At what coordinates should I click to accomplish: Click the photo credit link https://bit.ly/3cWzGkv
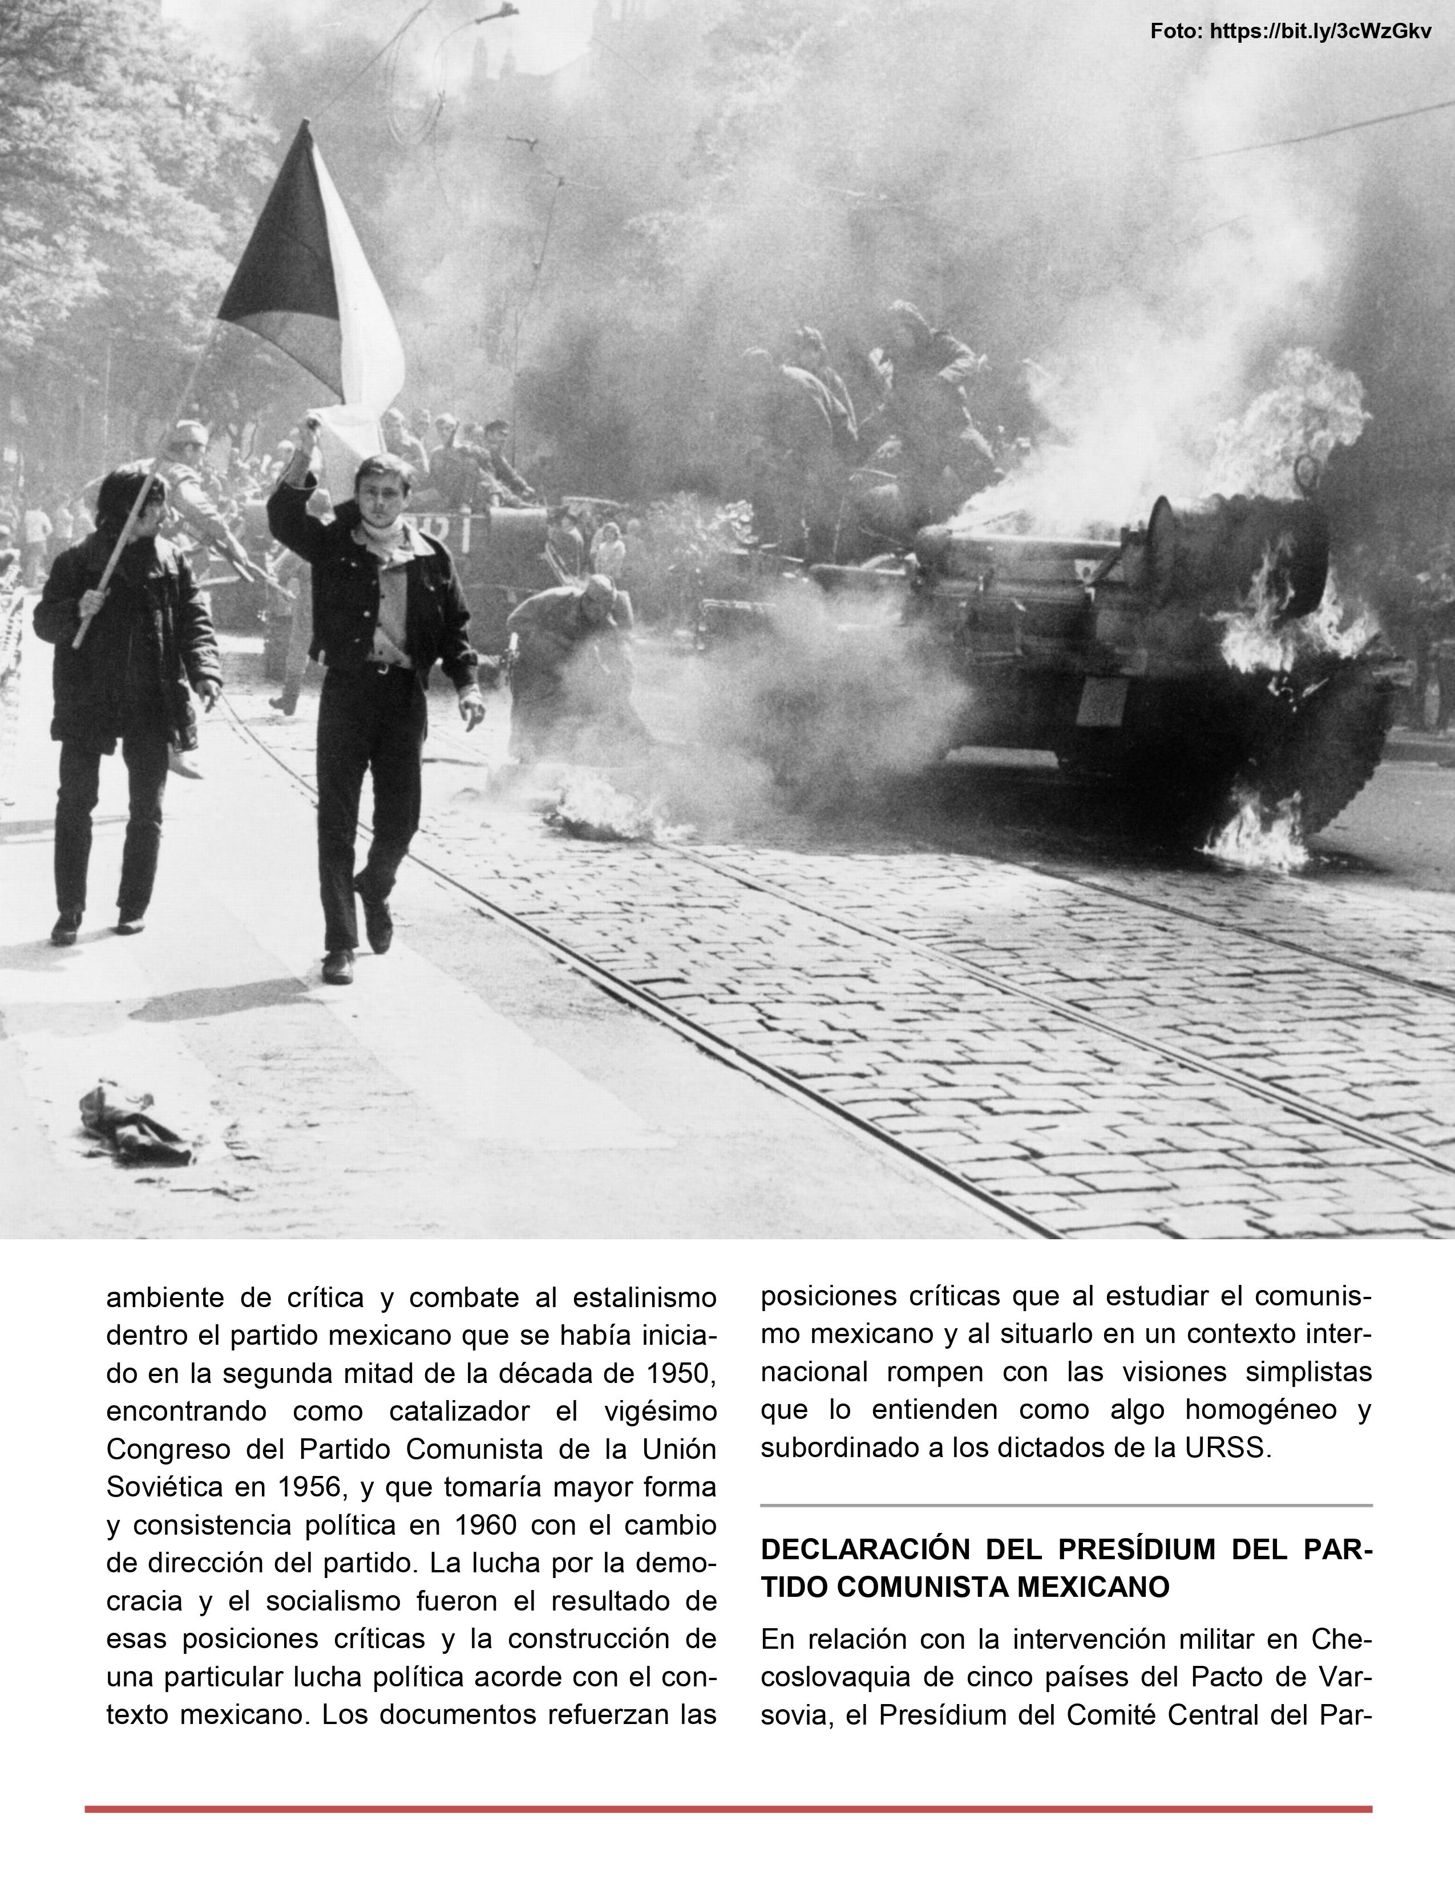pyautogui.click(x=1320, y=32)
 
